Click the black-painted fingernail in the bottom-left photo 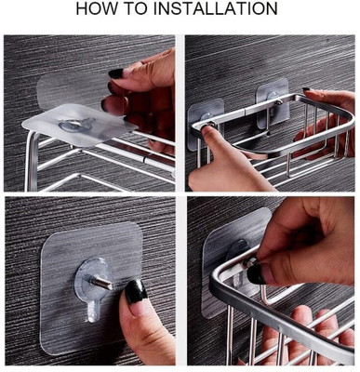[x=136, y=292]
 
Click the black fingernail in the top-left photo [x=115, y=73]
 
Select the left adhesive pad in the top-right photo [x=207, y=124]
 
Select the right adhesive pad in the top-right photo [x=273, y=103]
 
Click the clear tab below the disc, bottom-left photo [x=93, y=311]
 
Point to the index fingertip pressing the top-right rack [x=208, y=131]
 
